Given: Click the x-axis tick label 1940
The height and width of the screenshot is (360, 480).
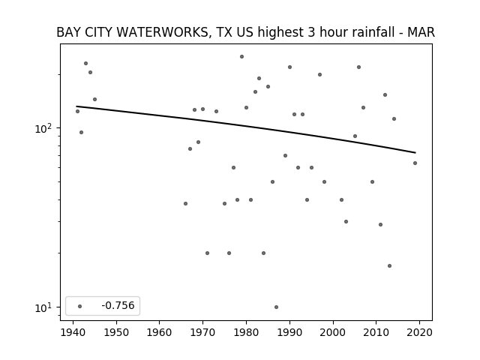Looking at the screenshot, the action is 73,332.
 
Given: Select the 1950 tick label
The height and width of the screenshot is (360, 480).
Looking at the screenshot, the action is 116,332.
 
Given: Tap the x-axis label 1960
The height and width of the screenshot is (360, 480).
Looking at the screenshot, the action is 160,332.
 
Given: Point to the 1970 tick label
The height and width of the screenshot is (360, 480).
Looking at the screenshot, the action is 202,332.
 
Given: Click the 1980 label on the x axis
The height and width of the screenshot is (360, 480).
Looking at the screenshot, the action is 246,332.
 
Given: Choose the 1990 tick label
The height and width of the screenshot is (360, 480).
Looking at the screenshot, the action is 289,332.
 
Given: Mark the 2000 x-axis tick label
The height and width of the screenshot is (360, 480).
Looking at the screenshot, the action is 333,332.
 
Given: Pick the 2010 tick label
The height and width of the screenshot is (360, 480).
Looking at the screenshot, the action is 376,332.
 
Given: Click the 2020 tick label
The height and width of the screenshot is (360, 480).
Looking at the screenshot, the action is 419,332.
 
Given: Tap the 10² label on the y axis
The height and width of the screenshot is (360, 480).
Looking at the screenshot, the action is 45,128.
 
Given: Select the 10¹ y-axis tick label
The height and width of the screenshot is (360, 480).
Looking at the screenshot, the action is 45,307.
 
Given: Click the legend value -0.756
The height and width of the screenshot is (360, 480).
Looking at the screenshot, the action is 118,305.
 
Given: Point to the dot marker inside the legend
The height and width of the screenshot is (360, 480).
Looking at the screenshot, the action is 80,306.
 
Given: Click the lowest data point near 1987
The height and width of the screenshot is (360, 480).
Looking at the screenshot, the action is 277,307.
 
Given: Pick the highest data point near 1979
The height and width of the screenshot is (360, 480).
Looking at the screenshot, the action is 241,57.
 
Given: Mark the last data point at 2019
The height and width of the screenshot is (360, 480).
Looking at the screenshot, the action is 415,163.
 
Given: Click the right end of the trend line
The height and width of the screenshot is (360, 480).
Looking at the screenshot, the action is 415,152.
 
